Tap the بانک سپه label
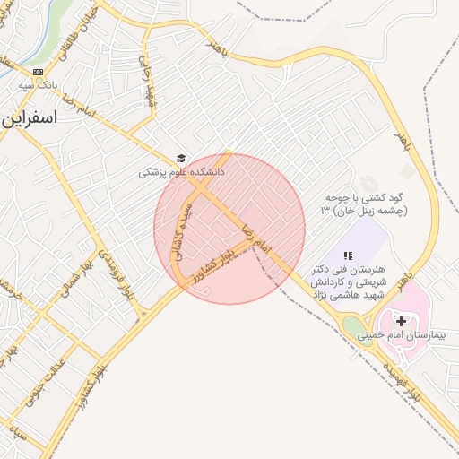38,86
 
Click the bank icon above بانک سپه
37,72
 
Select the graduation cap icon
181,158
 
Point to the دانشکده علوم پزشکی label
181,172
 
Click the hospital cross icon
401,320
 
